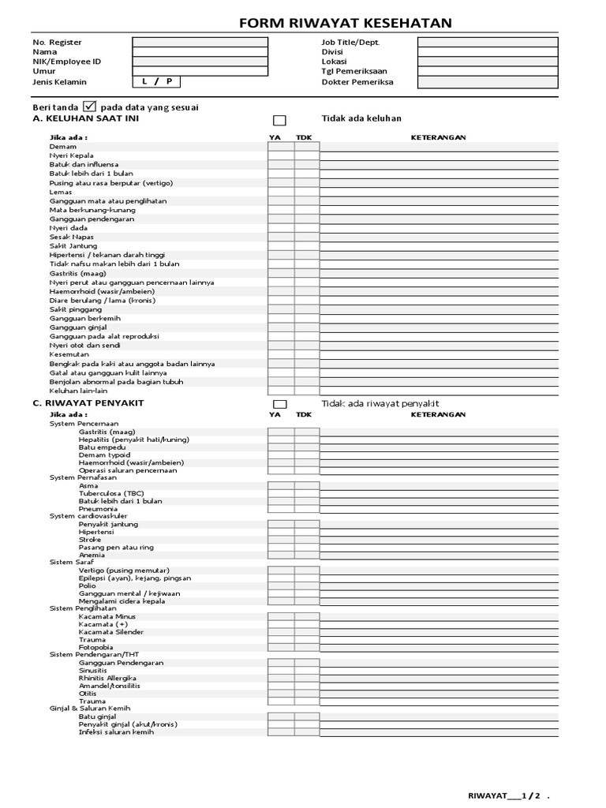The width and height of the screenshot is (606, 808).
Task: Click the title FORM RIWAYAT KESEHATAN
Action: [346, 23]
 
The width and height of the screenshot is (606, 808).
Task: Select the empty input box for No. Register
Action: [200, 42]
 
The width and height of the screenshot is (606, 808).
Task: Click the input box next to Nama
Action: [200, 52]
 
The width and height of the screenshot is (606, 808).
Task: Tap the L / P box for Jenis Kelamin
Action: [156, 82]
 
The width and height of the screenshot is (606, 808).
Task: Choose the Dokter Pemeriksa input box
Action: [488, 82]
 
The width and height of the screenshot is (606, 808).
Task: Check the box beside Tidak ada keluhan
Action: [279, 121]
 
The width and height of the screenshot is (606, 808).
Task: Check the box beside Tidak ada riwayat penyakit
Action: [279, 405]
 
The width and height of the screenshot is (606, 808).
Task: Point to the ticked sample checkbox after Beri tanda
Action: [90, 107]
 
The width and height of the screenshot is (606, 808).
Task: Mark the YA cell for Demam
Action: [281, 147]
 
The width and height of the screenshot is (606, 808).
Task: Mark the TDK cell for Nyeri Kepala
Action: [307, 156]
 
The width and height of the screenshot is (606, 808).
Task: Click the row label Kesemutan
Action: [68, 355]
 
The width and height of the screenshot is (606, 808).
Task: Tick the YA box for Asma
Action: [281, 486]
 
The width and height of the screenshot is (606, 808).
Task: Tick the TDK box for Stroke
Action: [307, 540]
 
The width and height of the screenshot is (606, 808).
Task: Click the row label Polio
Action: [88, 585]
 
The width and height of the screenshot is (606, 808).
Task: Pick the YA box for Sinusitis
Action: [281, 671]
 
